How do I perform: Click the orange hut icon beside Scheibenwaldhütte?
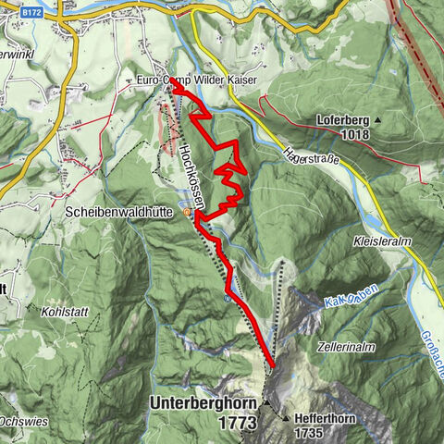click(187, 212)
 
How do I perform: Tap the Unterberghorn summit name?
click(204, 403)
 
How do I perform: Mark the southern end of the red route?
click(272, 367)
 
